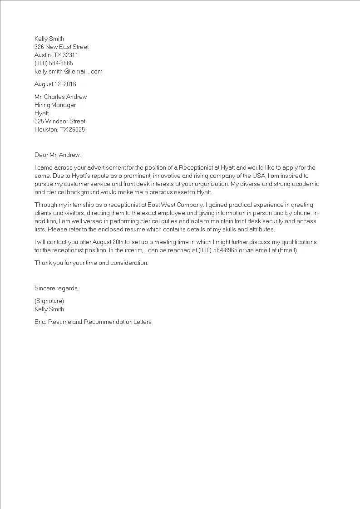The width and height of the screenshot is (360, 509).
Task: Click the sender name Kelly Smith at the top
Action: pyautogui.click(x=49, y=39)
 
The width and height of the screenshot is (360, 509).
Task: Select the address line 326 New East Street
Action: pyautogui.click(x=61, y=47)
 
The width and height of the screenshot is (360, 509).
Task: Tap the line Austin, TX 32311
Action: pyautogui.click(x=56, y=55)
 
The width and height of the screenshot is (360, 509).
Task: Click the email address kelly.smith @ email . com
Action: pyautogui.click(x=68, y=71)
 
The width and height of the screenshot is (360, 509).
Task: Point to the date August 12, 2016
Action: pyautogui.click(x=55, y=84)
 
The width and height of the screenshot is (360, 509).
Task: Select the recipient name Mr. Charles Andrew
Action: pyautogui.click(x=60, y=97)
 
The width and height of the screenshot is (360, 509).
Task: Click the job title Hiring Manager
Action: pyautogui.click(x=55, y=105)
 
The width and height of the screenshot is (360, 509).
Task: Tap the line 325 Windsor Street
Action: pyautogui.click(x=60, y=121)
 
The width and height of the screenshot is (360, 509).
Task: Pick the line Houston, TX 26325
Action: pyautogui.click(x=59, y=129)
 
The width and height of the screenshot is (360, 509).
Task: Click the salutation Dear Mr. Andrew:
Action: pyautogui.click(x=57, y=155)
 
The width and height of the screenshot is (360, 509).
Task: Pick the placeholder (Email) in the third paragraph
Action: pyautogui.click(x=288, y=250)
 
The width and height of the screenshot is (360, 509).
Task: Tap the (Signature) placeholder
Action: pyautogui.click(x=49, y=301)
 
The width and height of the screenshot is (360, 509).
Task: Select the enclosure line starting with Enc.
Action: pyautogui.click(x=93, y=322)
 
